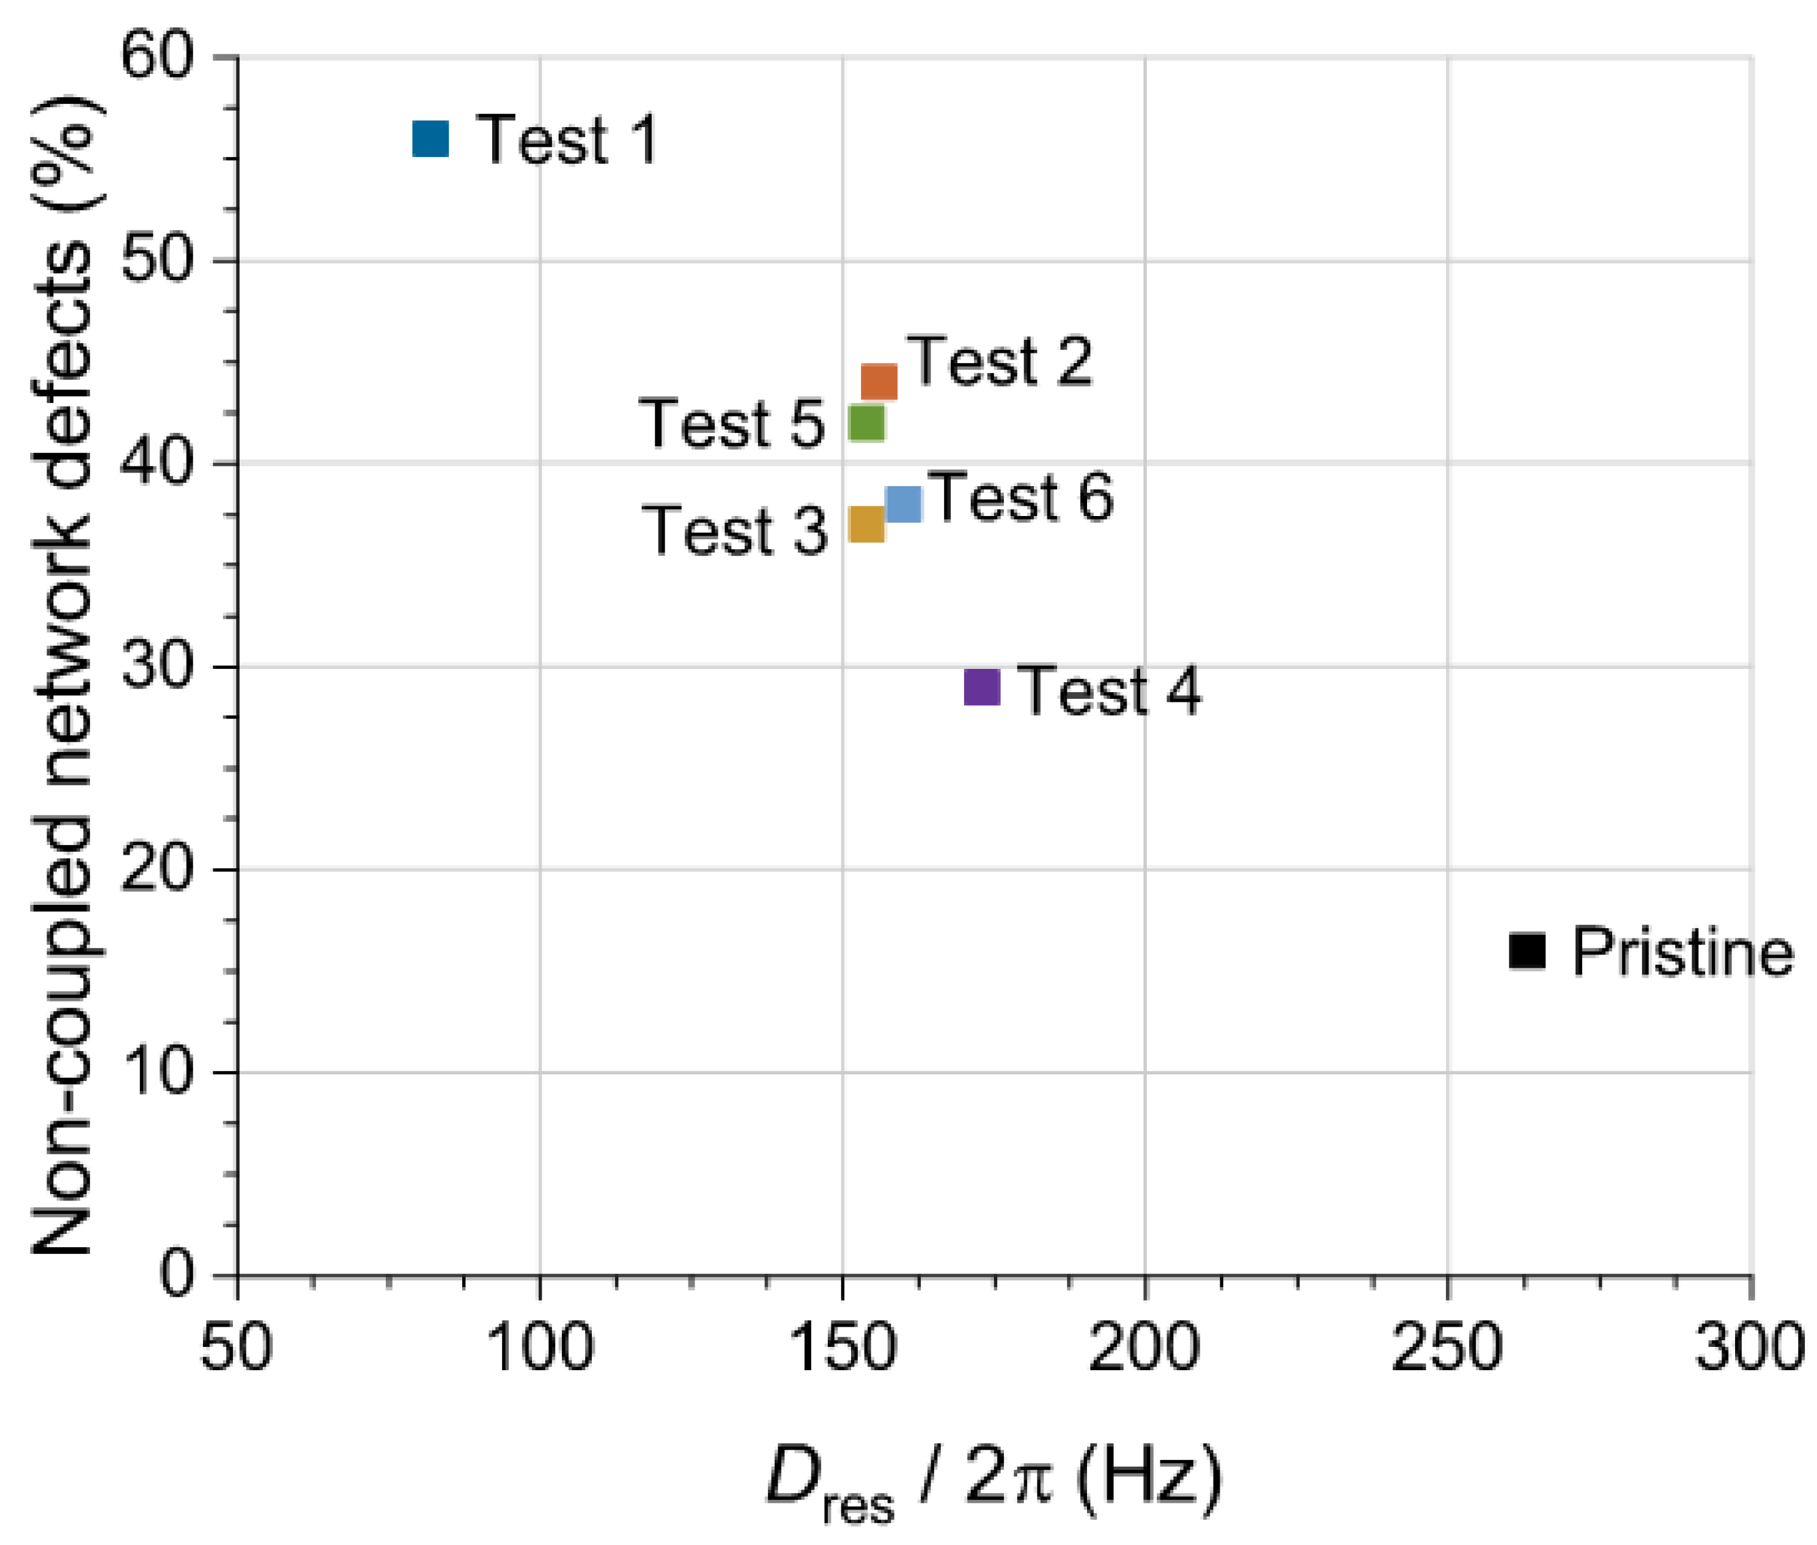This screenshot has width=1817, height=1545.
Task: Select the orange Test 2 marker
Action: [879, 381]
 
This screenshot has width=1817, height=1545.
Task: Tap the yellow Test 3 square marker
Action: [866, 524]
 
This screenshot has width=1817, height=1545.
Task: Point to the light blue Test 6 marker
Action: [904, 504]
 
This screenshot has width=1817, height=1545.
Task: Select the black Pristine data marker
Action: [1527, 951]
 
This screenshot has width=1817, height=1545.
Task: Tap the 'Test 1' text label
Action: [567, 139]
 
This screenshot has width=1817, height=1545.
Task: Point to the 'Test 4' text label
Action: [1108, 691]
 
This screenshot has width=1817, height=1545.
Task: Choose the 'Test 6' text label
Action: [1020, 498]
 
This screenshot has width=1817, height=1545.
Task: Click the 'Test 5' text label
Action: [732, 423]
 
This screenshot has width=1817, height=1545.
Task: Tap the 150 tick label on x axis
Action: [842, 1348]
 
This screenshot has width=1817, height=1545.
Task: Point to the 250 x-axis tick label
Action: [1448, 1348]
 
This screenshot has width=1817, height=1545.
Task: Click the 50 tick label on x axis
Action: [237, 1348]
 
